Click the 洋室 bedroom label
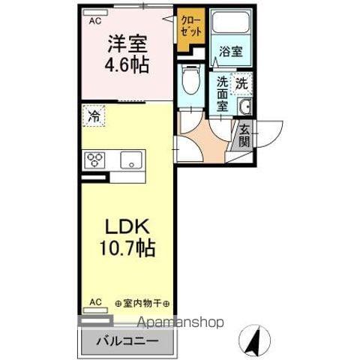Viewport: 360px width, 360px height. point(126,44)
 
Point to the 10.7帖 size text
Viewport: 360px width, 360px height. point(125,247)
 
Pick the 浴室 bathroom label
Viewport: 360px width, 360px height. point(229,52)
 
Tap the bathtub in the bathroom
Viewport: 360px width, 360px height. point(229,23)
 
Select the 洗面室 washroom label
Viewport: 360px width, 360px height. point(223,94)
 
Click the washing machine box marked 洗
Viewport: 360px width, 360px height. point(241,83)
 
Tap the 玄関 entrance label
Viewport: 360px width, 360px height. point(244,137)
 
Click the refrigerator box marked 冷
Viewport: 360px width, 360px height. point(94,117)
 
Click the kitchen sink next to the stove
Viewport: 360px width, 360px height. point(132,159)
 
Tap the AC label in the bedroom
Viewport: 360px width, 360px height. point(95,21)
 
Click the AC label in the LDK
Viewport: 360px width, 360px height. point(95,302)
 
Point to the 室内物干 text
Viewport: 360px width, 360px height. point(142,303)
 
